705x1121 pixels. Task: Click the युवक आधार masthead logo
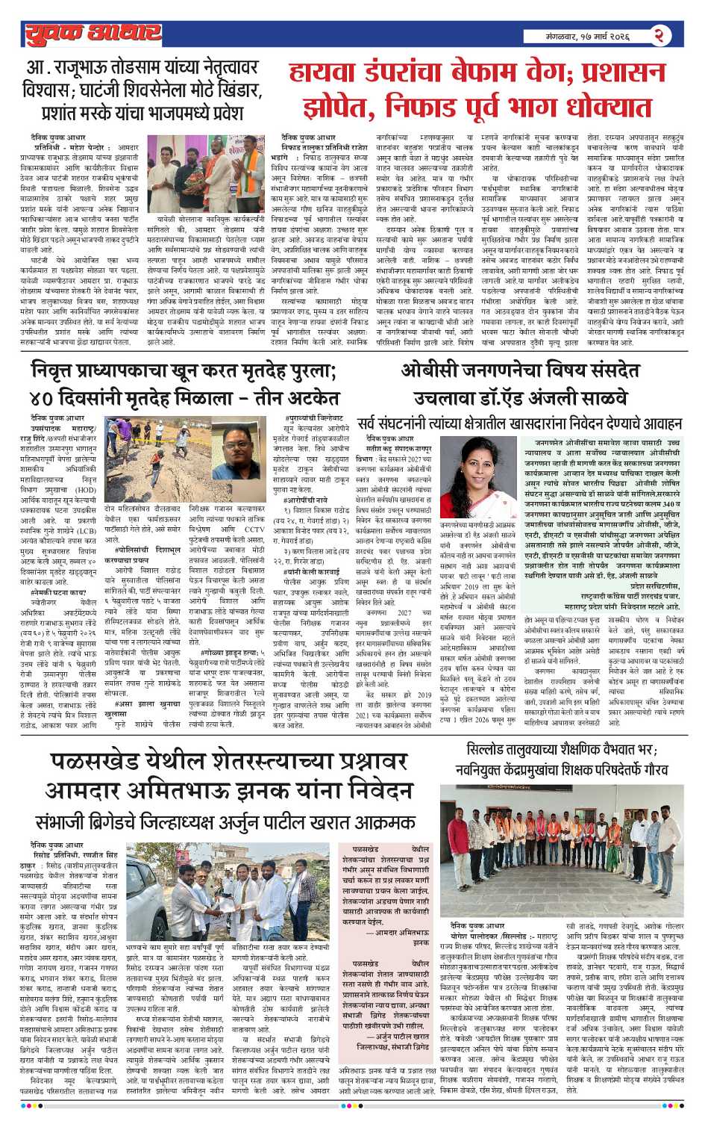[x=93, y=34]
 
